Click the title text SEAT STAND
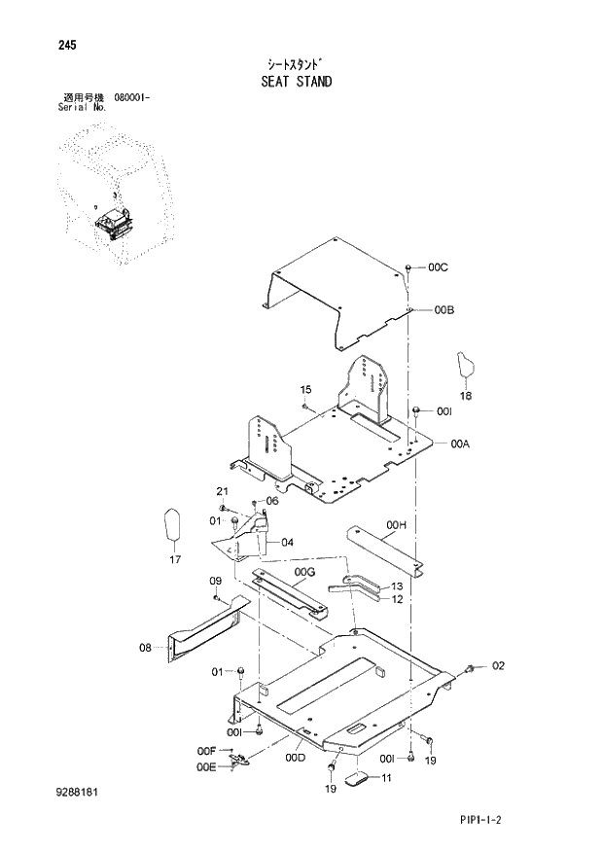click(x=297, y=82)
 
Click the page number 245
click(x=41, y=46)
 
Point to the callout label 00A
click(x=460, y=444)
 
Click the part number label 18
click(x=465, y=397)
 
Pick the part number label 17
click(x=175, y=559)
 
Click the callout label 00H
click(x=396, y=526)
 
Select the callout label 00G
click(x=305, y=572)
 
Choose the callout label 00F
click(x=205, y=750)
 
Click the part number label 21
click(x=222, y=490)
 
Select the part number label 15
click(x=304, y=390)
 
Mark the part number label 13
click(x=396, y=586)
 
